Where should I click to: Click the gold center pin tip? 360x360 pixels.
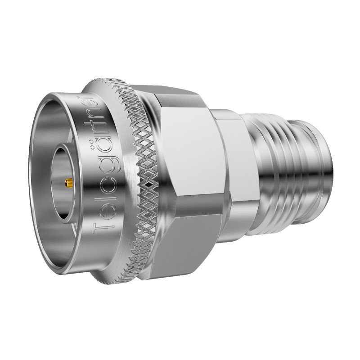[68, 183]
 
